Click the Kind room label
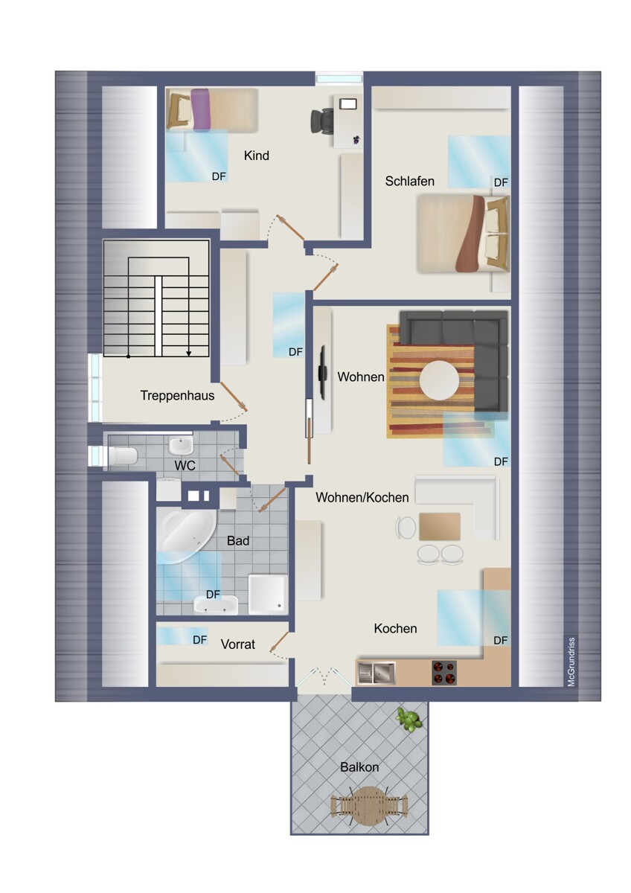[256, 156]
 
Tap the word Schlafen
[409, 182]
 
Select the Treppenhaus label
[177, 395]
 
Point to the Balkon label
[359, 767]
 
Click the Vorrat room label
[238, 644]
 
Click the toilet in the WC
[121, 456]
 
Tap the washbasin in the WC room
[181, 445]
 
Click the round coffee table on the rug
[439, 380]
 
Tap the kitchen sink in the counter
[377, 673]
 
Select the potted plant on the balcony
[409, 720]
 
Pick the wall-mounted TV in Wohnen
[321, 372]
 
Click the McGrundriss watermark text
[571, 662]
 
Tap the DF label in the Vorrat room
[199, 640]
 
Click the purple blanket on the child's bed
[200, 109]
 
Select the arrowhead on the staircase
[188, 353]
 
